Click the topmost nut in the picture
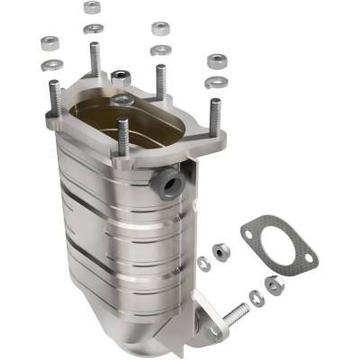[92, 7]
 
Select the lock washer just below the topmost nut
[92, 28]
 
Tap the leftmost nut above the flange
[50, 41]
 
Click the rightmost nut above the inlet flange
[217, 61]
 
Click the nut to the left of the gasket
[219, 249]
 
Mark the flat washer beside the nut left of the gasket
[203, 264]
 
